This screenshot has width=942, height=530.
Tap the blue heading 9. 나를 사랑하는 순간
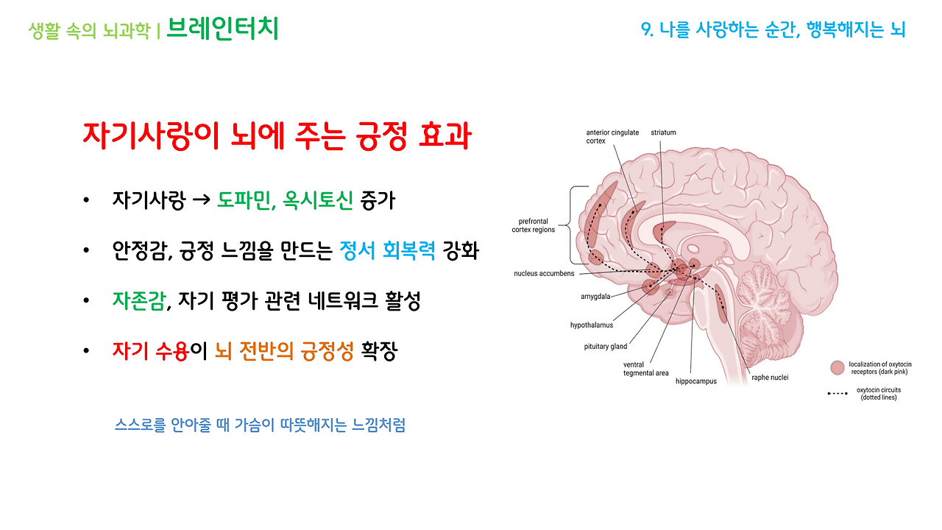[773, 29]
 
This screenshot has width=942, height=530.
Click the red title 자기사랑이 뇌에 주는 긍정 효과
[277, 137]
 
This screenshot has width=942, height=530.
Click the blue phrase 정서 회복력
[388, 251]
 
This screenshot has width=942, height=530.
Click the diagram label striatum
[663, 132]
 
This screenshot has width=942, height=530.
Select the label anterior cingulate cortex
[612, 137]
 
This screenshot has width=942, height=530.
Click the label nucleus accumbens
[543, 273]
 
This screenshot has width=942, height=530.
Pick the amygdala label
[596, 298]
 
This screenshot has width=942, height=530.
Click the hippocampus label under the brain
[695, 381]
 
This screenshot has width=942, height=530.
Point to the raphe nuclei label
[769, 378]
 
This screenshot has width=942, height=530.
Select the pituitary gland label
[605, 346]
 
